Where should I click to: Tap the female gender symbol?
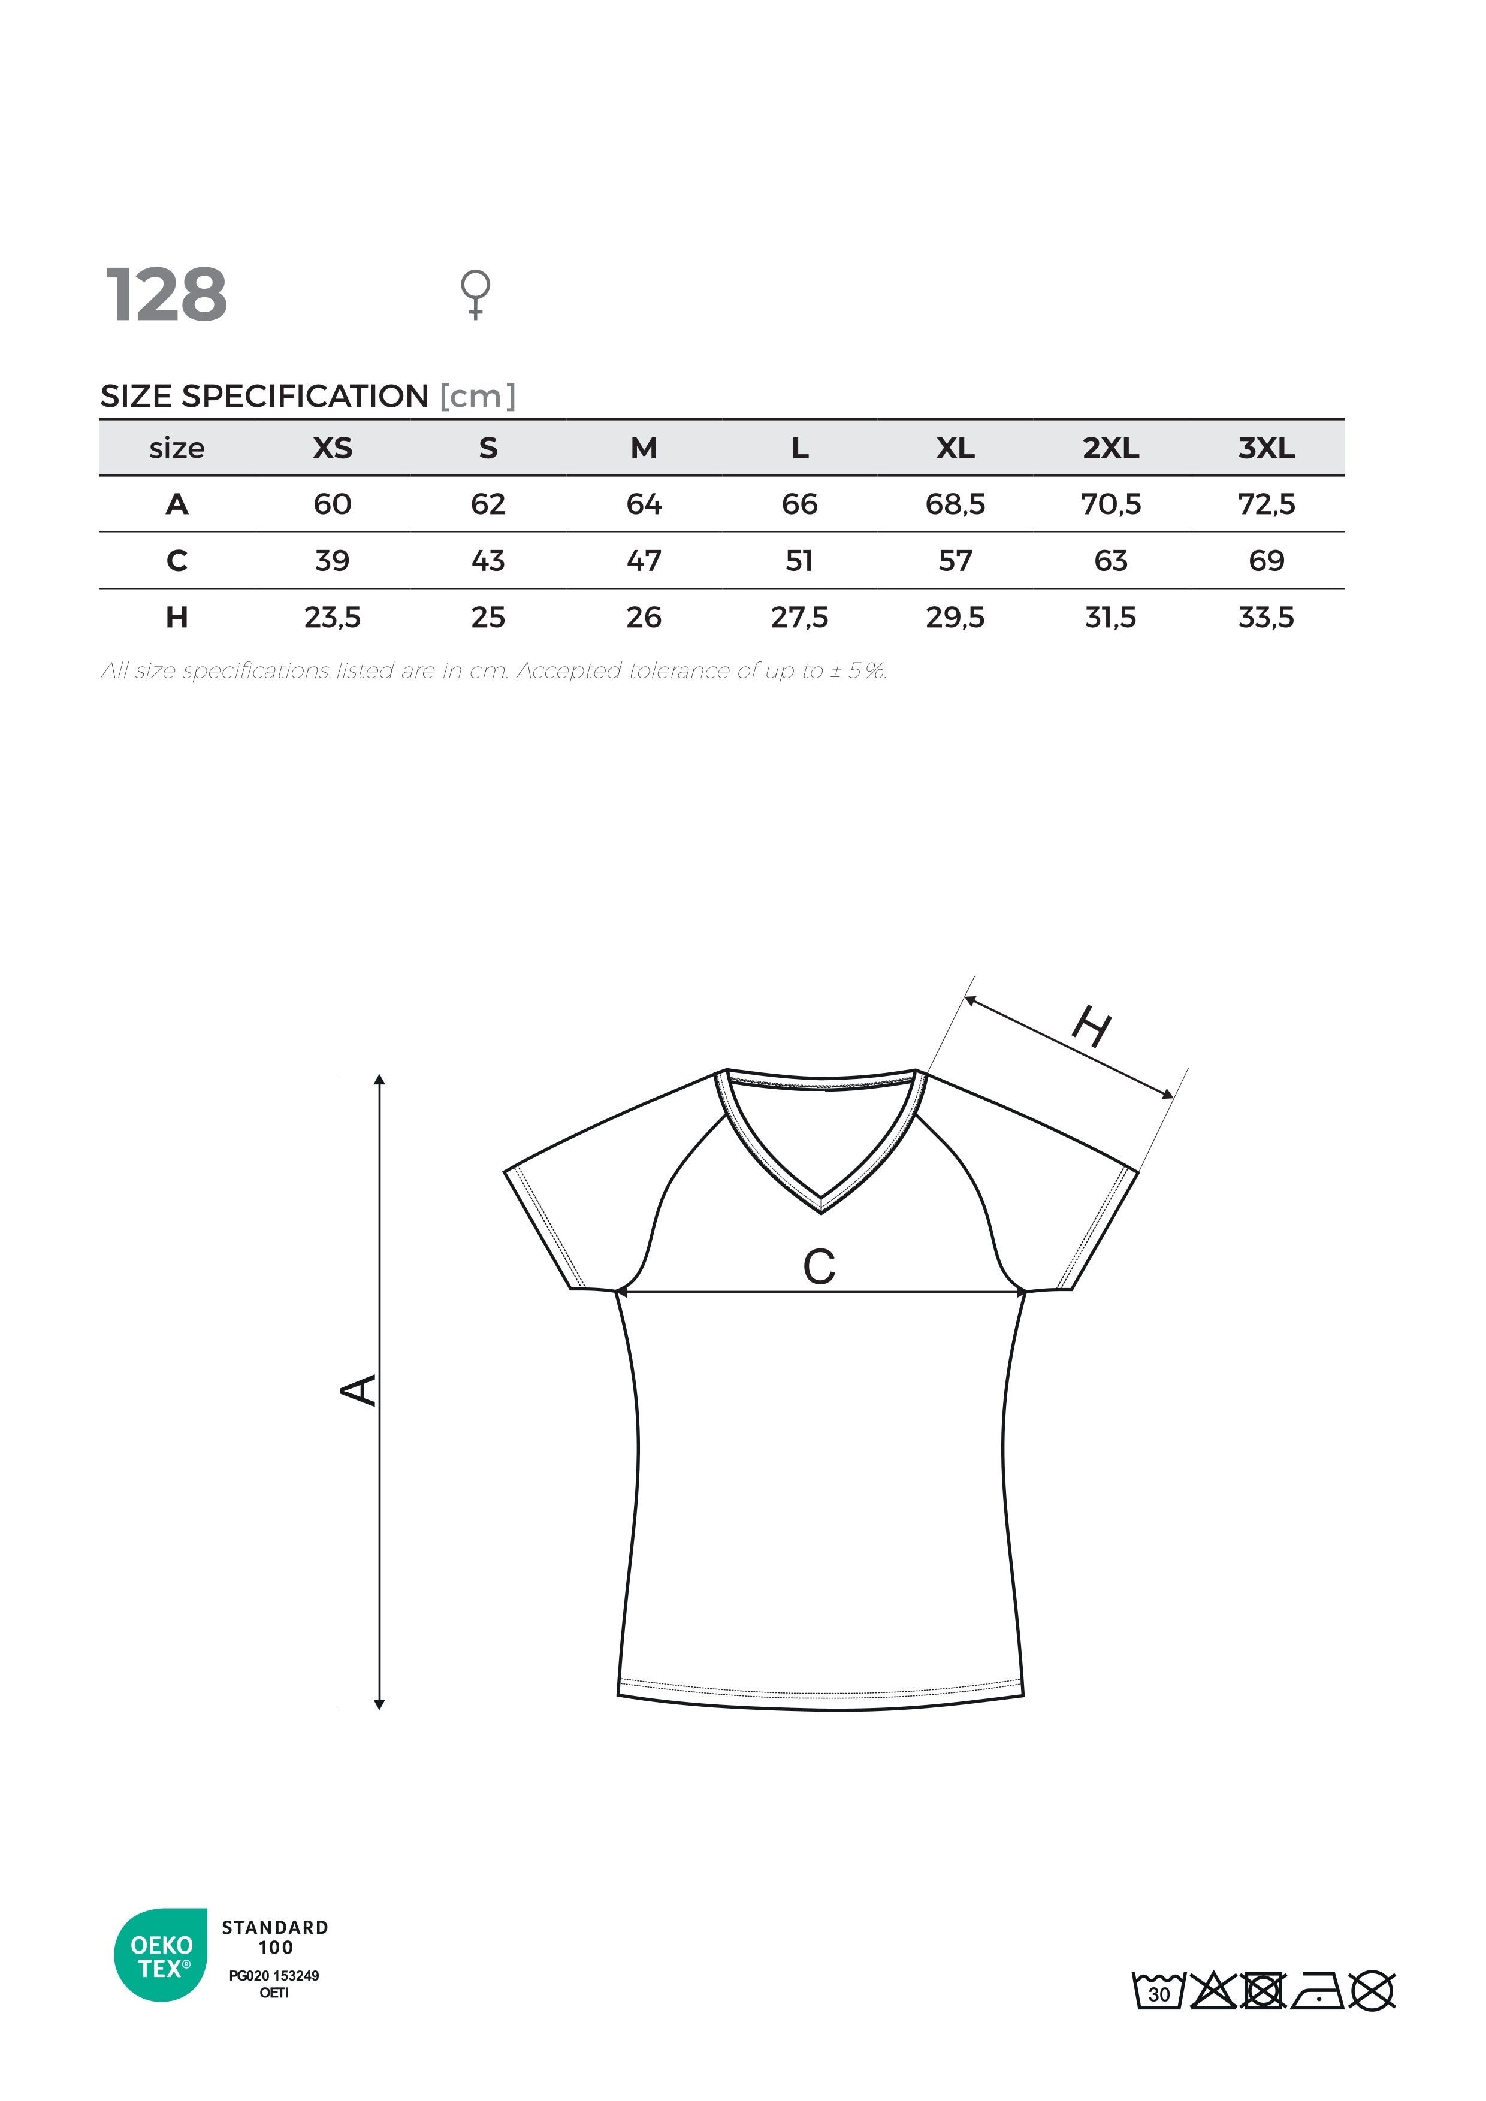[475, 293]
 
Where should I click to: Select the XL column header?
[955, 448]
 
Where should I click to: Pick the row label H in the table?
[177, 618]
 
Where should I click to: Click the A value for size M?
[644, 504]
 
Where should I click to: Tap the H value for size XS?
[332, 618]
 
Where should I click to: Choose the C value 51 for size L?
[799, 561]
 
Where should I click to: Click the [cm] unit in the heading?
[478, 396]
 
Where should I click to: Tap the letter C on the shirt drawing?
[819, 1268]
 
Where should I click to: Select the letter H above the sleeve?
[1092, 1027]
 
